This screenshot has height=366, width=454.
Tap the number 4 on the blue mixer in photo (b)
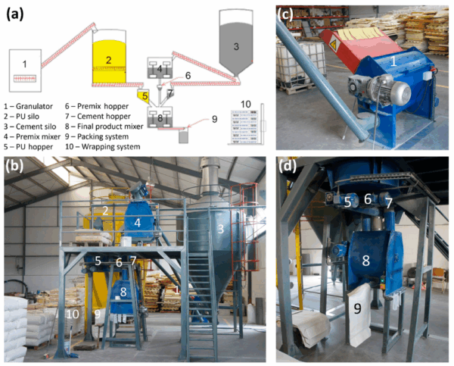[138, 222]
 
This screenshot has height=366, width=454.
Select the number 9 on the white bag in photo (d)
[356, 307]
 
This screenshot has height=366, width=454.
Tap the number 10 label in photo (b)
[73, 314]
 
